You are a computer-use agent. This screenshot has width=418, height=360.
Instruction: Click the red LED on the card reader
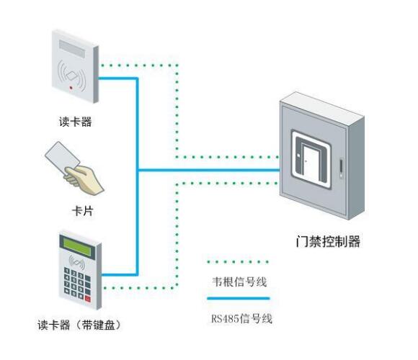click(70, 88)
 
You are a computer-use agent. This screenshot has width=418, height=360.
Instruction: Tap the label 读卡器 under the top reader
click(75, 122)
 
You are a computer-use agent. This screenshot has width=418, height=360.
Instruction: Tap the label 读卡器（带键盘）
click(78, 325)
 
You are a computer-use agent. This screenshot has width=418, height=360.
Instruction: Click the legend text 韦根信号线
click(239, 282)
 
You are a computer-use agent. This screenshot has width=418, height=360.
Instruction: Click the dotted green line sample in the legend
click(239, 262)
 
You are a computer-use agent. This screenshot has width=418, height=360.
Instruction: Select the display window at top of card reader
click(74, 47)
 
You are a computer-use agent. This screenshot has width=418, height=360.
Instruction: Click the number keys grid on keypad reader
click(74, 282)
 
